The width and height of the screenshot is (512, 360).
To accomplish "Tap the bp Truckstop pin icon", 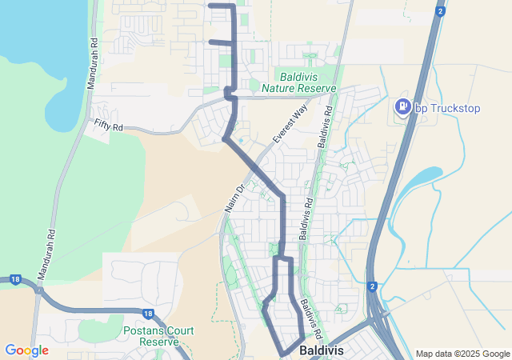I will click(x=403, y=106).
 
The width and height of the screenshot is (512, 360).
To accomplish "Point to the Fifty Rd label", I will click(x=108, y=125).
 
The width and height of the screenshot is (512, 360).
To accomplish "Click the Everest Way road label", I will click(x=289, y=124).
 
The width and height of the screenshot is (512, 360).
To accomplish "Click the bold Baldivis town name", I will click(x=322, y=350).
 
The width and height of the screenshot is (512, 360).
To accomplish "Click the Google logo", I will click(x=26, y=350).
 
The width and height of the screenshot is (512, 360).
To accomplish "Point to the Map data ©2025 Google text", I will click(x=462, y=354).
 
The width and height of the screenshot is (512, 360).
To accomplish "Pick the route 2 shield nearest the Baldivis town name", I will click(x=372, y=286).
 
